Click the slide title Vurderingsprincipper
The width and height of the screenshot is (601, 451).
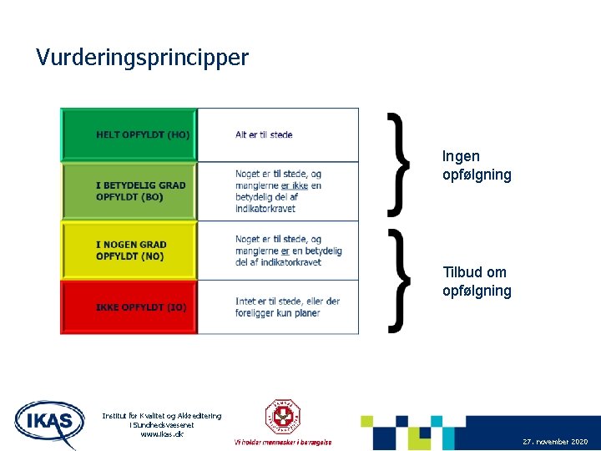click(142, 58)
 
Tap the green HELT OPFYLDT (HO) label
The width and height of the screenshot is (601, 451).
click(143, 134)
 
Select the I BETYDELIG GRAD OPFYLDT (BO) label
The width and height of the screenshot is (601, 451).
click(141, 190)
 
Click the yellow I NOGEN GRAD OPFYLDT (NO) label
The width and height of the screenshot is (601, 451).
click(131, 251)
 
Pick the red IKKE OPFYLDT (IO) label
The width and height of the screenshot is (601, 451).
click(141, 307)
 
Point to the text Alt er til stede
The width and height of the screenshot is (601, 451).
click(264, 134)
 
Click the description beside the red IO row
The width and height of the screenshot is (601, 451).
click(287, 307)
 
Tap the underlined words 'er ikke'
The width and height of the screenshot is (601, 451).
click(295, 185)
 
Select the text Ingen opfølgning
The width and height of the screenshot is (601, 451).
click(477, 165)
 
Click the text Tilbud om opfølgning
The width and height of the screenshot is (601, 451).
click(477, 281)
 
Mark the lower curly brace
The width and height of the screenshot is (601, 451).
click(400, 280)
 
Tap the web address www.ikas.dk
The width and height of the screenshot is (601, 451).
click(162, 434)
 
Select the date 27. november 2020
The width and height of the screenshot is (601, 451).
click(555, 441)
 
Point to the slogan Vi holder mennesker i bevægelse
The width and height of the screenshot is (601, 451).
click(283, 442)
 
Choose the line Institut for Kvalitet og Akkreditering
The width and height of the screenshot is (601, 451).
click(162, 416)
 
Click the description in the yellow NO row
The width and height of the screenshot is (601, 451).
click(288, 251)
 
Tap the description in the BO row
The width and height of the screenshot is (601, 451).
click(278, 190)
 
